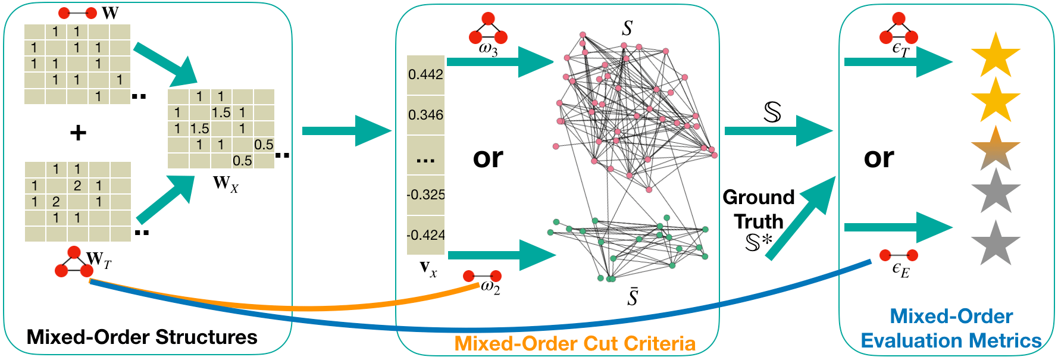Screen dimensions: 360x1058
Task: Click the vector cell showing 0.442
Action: pyautogui.click(x=425, y=75)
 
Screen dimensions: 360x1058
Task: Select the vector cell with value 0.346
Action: pyautogui.click(x=425, y=115)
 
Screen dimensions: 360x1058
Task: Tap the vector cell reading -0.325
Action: pyautogui.click(x=425, y=195)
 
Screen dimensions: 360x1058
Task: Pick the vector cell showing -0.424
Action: pyautogui.click(x=425, y=235)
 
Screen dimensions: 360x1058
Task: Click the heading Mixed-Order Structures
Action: pyautogui.click(x=142, y=337)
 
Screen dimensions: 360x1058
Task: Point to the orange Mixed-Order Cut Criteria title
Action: pyautogui.click(x=574, y=344)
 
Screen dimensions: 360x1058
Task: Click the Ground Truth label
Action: pyautogui.click(x=759, y=209)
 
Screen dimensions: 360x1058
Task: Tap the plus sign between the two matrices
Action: pyautogui.click(x=78, y=133)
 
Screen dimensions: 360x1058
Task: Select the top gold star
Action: pyautogui.click(x=996, y=56)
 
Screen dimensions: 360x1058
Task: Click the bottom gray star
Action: pyautogui.click(x=996, y=243)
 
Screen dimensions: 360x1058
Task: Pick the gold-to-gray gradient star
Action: pyautogui.click(x=996, y=149)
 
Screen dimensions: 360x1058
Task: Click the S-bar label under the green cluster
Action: pyautogui.click(x=633, y=296)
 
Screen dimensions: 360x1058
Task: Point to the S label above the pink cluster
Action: pyautogui.click(x=627, y=28)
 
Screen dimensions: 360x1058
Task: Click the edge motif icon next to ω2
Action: pyautogui.click(x=482, y=276)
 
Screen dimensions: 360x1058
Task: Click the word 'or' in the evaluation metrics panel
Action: pyautogui.click(x=879, y=158)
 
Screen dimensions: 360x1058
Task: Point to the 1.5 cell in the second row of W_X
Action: pyautogui.click(x=221, y=112)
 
